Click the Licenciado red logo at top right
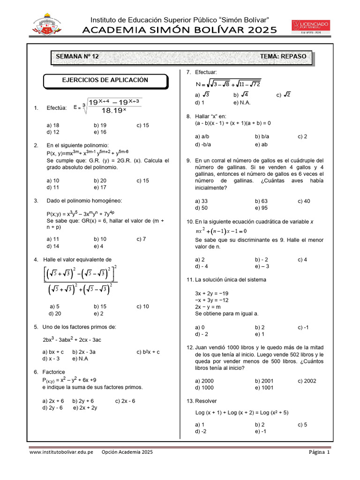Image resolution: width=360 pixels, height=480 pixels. [x=311, y=26]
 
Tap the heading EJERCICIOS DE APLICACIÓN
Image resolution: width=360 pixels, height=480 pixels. [x=105, y=80]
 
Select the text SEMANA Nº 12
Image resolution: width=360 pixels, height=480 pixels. [x=77, y=56]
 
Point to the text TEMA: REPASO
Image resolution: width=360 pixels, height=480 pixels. [x=283, y=56]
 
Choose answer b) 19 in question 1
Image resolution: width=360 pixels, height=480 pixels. [x=100, y=125]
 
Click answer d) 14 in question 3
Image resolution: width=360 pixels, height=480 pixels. [x=53, y=246]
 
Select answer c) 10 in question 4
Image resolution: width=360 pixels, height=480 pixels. [x=143, y=307]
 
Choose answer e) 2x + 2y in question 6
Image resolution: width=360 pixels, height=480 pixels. [x=85, y=408]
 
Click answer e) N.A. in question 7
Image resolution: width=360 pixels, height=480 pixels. [x=242, y=102]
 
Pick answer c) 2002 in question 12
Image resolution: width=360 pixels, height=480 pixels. [x=307, y=381]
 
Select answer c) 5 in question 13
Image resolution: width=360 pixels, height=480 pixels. [x=302, y=425]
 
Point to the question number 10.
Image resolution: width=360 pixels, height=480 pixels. [x=190, y=221]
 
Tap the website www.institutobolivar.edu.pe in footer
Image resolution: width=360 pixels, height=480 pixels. [x=61, y=452]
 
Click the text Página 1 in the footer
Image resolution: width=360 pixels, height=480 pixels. [x=319, y=452]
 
